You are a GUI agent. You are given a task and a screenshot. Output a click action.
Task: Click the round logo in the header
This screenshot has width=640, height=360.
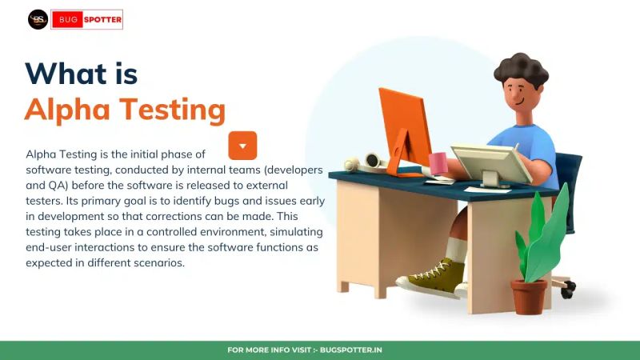[x=38, y=19]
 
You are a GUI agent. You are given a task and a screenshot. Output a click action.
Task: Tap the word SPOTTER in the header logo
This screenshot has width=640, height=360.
[x=102, y=19]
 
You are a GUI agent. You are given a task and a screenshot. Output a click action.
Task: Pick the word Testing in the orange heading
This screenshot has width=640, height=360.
[x=172, y=110]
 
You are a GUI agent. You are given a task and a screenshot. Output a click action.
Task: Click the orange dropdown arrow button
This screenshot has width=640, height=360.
[x=242, y=146]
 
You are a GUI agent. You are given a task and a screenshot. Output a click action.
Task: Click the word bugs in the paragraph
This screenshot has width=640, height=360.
[x=233, y=201]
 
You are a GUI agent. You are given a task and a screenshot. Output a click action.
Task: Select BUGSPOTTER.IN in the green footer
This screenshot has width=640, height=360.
[x=351, y=350]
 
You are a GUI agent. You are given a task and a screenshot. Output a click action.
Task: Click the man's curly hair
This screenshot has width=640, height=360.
[x=521, y=70]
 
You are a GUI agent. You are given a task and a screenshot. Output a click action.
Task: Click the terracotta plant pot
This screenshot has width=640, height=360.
[x=529, y=295]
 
